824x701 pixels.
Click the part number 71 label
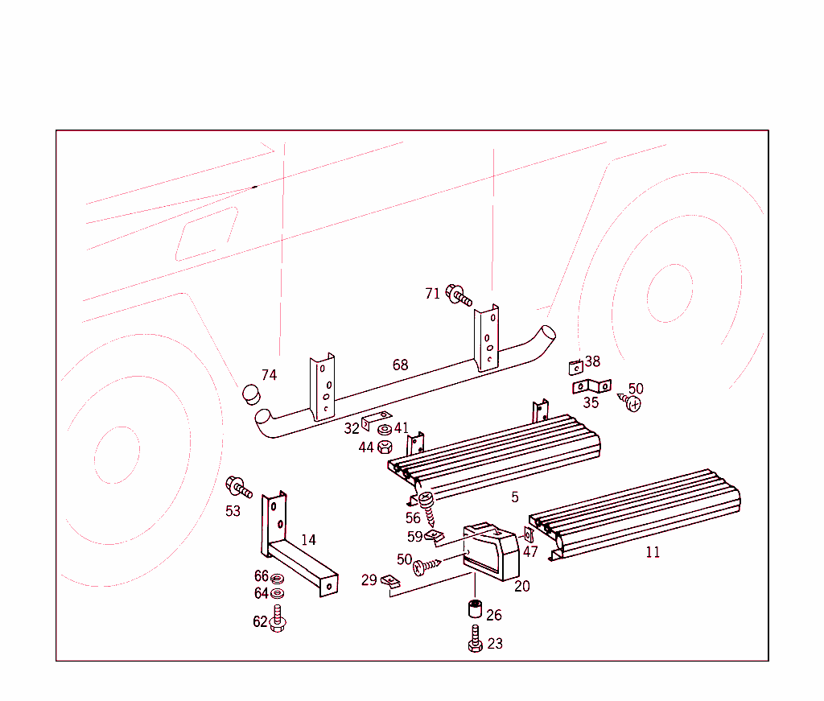click(x=433, y=294)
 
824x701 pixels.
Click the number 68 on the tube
click(x=400, y=365)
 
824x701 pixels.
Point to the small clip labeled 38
click(x=575, y=367)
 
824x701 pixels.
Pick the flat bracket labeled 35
click(x=591, y=388)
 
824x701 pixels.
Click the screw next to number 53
click(x=239, y=487)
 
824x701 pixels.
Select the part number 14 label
click(x=308, y=540)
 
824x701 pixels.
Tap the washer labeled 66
click(x=278, y=578)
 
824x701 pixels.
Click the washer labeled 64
click(x=278, y=593)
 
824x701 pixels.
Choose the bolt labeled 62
click(x=278, y=621)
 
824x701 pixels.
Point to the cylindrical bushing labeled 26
click(x=475, y=608)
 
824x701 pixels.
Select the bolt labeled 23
click(x=475, y=640)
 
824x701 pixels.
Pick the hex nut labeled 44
click(x=385, y=447)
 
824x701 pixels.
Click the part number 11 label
click(x=653, y=553)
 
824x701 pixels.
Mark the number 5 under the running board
click(x=515, y=497)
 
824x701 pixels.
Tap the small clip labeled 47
click(x=529, y=534)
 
